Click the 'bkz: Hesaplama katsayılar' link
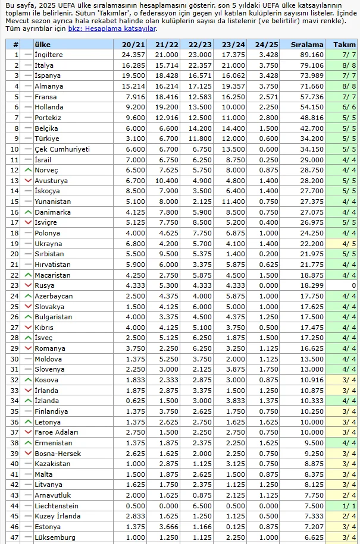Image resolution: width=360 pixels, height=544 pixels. tap(112, 29)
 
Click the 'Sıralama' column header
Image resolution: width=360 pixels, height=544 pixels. tap(307, 45)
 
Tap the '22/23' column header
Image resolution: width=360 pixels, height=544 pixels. tap(200, 45)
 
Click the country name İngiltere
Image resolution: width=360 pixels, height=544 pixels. tap(49, 55)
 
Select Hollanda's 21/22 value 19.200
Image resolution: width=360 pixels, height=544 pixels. tap(167, 107)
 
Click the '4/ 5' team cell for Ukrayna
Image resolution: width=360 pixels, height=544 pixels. tap(348, 244)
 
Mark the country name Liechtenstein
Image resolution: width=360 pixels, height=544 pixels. tap(57, 506)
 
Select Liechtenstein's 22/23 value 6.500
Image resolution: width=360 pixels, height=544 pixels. tap(200, 506)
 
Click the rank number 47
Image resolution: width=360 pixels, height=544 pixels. tap(15, 537)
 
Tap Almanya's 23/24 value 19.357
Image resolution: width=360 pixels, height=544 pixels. tap(233, 86)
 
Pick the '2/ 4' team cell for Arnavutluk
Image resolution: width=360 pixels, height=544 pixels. tap(348, 495)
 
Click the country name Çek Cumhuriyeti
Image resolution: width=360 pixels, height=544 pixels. tap(62, 149)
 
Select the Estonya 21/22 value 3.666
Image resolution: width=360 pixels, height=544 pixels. tap(167, 527)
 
